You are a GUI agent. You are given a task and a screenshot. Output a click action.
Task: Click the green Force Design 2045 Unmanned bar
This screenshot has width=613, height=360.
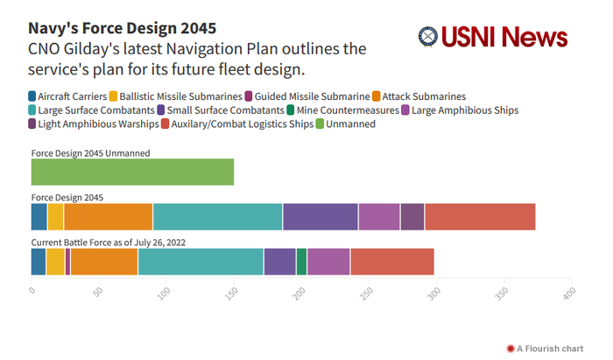(132, 172)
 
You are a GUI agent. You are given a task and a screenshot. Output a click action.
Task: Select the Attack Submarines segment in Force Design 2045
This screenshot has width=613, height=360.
(108, 216)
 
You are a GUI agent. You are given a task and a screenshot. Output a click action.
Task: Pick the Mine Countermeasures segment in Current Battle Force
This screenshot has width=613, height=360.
(301, 261)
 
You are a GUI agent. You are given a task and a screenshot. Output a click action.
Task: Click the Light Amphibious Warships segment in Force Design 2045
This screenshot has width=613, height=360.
(412, 216)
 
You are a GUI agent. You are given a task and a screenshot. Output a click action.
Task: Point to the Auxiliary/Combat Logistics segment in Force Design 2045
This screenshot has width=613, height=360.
(480, 216)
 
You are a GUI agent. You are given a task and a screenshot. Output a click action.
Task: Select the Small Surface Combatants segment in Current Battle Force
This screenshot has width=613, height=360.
(279, 261)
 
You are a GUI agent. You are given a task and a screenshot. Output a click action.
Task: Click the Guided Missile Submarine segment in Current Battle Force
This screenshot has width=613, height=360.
(67, 261)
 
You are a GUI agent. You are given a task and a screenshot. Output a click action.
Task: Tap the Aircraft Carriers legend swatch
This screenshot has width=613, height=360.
(32, 95)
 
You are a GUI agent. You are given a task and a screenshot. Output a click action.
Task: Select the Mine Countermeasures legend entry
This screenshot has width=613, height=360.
(348, 109)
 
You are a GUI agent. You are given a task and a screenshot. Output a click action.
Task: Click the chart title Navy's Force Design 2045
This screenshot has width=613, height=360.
(122, 28)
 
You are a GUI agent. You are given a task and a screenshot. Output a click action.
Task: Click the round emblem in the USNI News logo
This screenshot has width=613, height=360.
(428, 37)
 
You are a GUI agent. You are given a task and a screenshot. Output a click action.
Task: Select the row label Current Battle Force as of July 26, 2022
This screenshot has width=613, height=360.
(109, 242)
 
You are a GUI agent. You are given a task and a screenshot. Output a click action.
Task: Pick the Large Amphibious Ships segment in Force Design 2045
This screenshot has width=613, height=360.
(378, 216)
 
